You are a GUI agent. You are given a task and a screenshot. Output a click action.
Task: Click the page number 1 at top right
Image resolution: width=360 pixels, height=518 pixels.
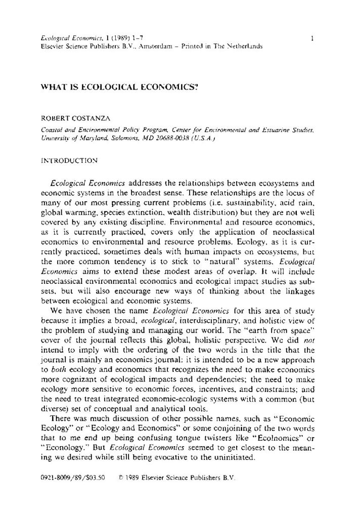point(314,37)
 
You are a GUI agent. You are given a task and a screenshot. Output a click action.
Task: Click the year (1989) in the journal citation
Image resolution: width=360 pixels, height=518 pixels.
point(106,37)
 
